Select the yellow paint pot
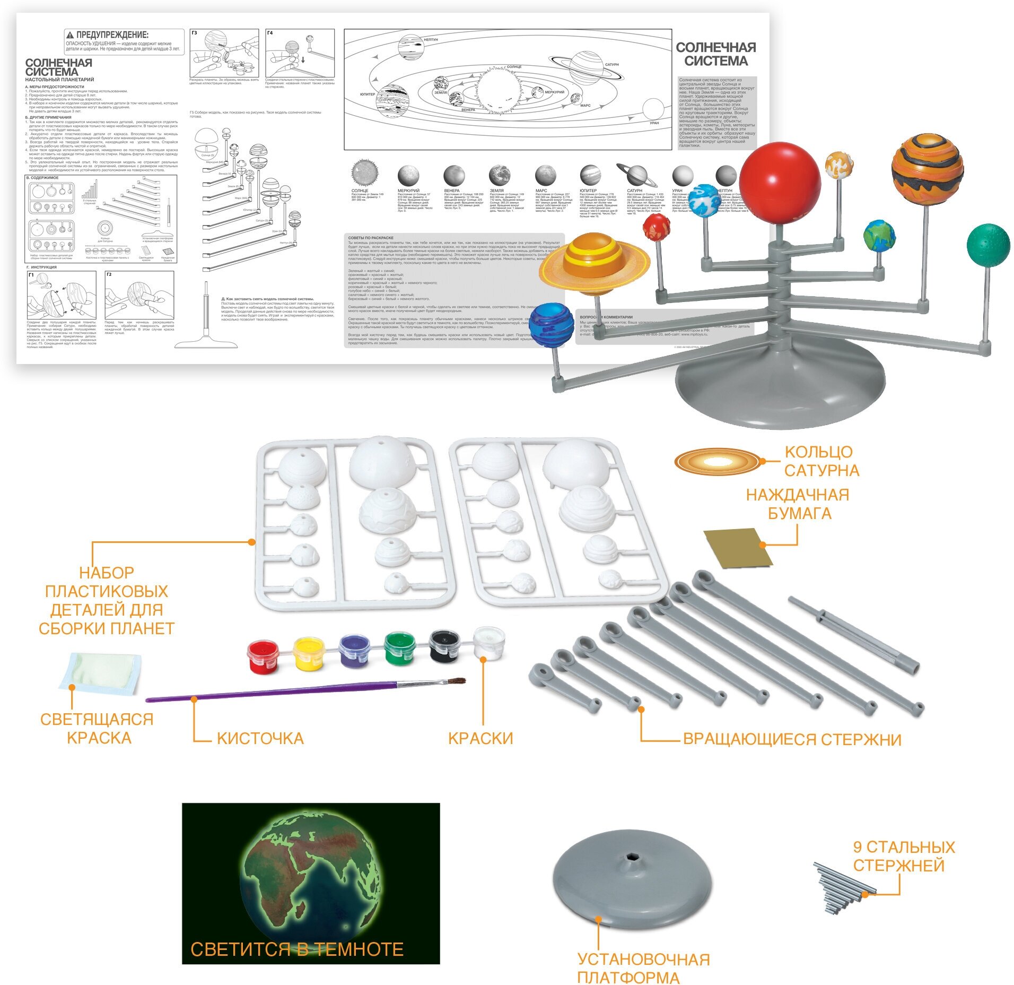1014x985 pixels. (309, 654)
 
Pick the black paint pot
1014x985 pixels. (444, 645)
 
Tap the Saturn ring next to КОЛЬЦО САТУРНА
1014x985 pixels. (717, 461)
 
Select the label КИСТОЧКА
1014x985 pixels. (260, 738)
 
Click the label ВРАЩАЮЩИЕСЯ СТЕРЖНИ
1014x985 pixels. (792, 739)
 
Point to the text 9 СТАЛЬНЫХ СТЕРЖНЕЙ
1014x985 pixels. (903, 856)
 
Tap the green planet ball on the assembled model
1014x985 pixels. (987, 245)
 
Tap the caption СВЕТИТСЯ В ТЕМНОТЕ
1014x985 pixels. (296, 949)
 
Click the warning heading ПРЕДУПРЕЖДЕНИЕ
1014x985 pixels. (112, 35)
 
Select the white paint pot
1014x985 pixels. (488, 643)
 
